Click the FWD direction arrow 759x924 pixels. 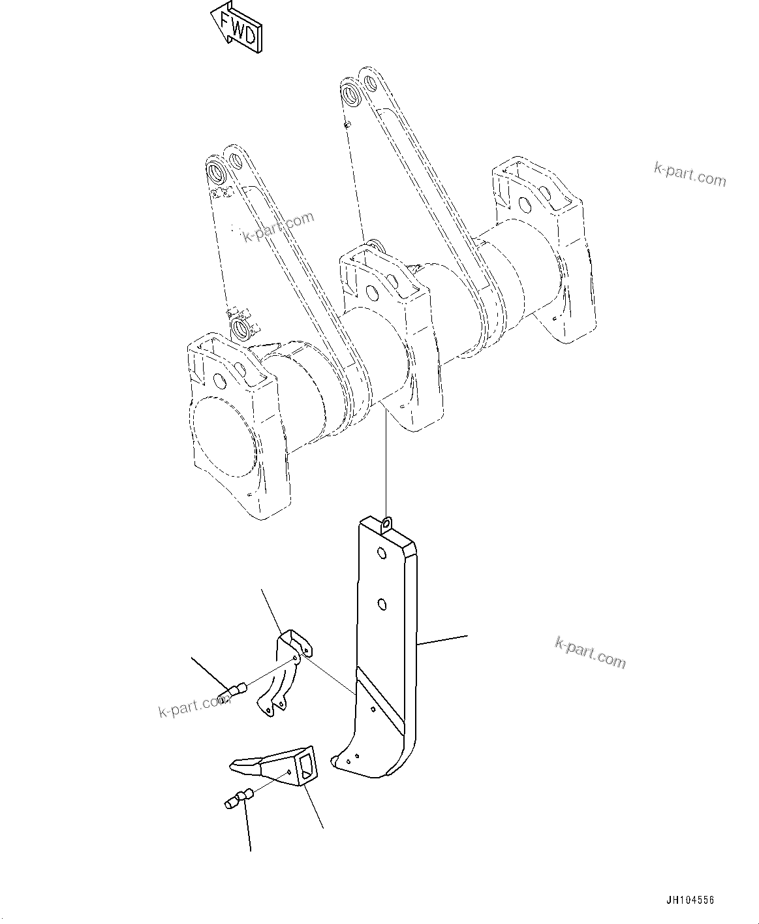point(237,27)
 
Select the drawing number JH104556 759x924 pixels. point(690,900)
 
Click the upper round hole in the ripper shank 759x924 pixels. point(379,554)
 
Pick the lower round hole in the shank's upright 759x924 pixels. point(380,604)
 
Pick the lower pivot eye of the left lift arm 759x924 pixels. point(240,327)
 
